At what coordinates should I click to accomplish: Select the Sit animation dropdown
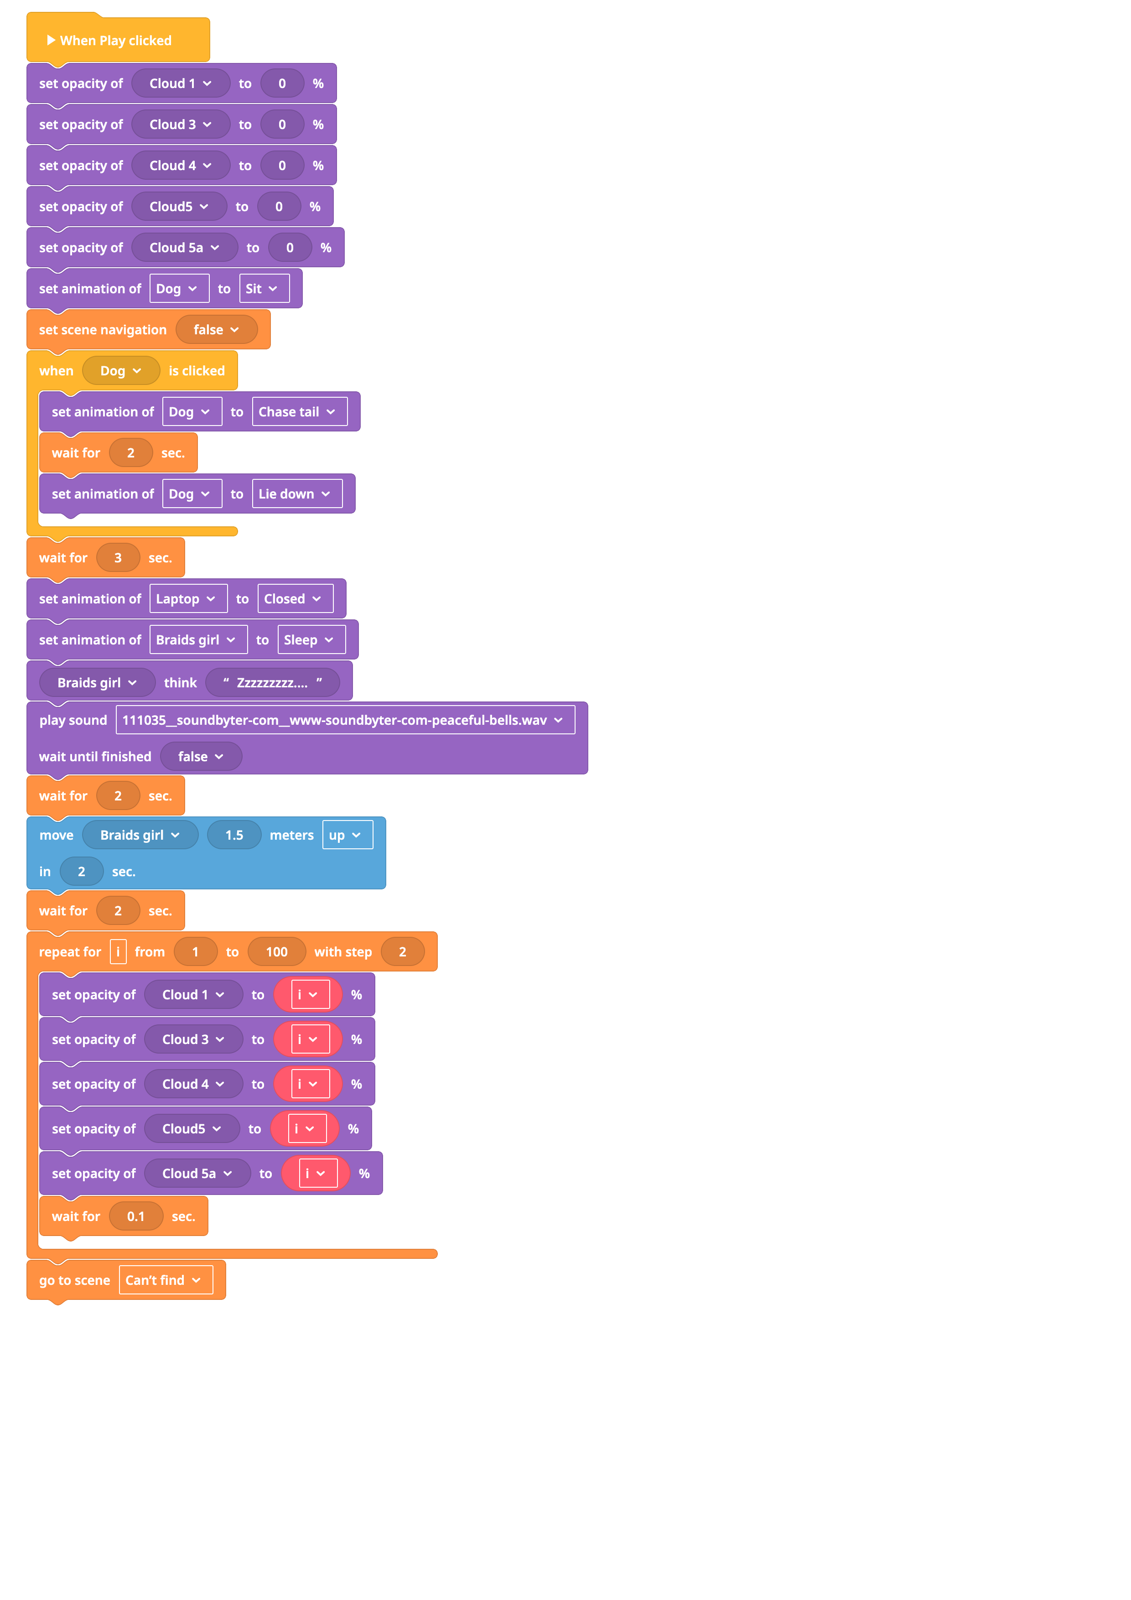pyautogui.click(x=264, y=289)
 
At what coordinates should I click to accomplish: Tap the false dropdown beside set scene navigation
pyautogui.click(x=216, y=330)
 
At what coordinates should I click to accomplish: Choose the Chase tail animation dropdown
pyautogui.click(x=299, y=412)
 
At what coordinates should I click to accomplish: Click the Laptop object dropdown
pyautogui.click(x=187, y=598)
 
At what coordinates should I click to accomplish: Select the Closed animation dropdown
pyautogui.click(x=295, y=598)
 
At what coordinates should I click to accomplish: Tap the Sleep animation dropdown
pyautogui.click(x=311, y=640)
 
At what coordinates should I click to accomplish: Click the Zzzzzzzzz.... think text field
pyautogui.click(x=272, y=683)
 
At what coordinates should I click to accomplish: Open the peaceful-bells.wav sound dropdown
pyautogui.click(x=345, y=720)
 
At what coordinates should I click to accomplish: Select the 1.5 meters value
pyautogui.click(x=234, y=835)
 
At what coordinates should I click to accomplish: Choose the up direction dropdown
pyautogui.click(x=347, y=835)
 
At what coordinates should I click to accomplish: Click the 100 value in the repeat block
pyautogui.click(x=277, y=952)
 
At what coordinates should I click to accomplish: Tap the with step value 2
pyautogui.click(x=402, y=952)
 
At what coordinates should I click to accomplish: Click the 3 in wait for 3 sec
pyautogui.click(x=118, y=557)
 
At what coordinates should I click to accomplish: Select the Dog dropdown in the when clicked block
pyautogui.click(x=120, y=371)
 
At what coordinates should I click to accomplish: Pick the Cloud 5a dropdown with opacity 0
pyautogui.click(x=184, y=247)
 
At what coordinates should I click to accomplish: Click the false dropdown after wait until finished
pyautogui.click(x=201, y=757)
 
